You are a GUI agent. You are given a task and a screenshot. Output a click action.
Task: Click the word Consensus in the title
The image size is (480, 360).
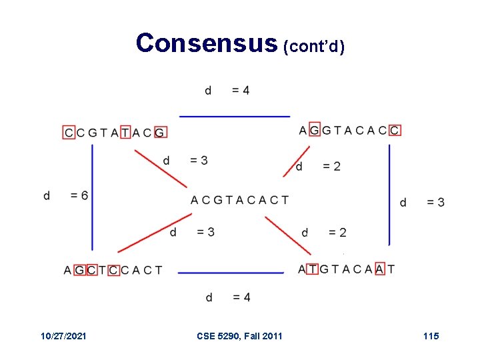click(205, 43)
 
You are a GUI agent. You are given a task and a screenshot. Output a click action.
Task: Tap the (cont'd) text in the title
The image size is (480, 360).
click(313, 47)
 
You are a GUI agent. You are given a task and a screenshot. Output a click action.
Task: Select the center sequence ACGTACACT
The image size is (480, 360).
click(239, 200)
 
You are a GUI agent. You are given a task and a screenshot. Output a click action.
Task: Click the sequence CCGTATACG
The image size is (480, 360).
click(115, 133)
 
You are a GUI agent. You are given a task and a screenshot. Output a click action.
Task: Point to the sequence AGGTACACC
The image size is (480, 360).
click(349, 129)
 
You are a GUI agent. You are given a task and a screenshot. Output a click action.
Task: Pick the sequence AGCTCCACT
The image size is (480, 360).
click(113, 270)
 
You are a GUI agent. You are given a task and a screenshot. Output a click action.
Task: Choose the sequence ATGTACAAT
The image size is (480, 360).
click(347, 269)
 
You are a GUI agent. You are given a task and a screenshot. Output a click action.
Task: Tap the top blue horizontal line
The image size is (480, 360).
click(235, 117)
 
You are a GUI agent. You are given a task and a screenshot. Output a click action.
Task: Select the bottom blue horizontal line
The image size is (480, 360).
click(231, 273)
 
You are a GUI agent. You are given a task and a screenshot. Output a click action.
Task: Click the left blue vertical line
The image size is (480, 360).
click(92, 197)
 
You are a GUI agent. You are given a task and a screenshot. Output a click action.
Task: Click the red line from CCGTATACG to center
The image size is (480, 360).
click(161, 168)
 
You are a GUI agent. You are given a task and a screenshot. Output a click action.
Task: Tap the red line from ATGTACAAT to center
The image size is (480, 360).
click(288, 235)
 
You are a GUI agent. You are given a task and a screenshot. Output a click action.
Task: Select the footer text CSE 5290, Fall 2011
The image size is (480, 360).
click(239, 336)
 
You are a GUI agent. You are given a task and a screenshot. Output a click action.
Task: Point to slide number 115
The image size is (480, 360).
click(431, 336)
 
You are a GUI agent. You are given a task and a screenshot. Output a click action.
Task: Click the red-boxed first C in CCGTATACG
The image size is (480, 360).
click(69, 133)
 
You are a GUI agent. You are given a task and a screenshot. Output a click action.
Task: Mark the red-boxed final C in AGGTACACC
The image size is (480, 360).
click(395, 129)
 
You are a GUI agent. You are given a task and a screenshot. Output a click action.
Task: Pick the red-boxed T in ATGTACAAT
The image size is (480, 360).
click(311, 269)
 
